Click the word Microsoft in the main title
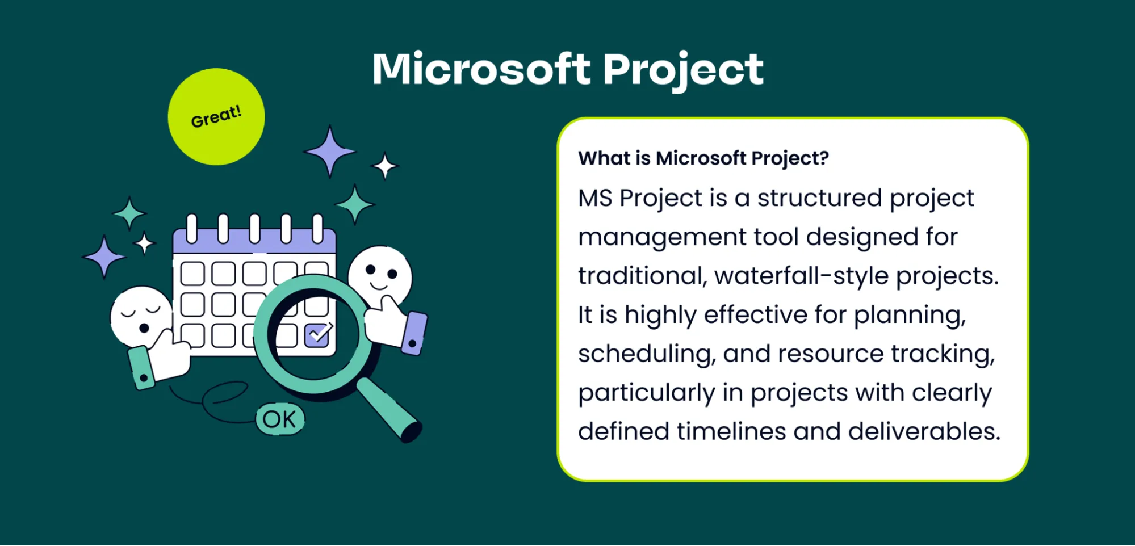coord(481,69)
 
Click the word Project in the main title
coord(682,69)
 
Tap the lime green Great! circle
coord(216,117)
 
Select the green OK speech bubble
coord(280,419)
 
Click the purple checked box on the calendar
coord(317,335)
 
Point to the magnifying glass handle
coord(390,410)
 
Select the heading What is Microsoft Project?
coord(703,158)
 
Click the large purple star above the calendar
coord(329,152)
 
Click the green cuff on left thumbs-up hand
coord(141,369)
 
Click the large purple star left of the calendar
coord(104,257)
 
